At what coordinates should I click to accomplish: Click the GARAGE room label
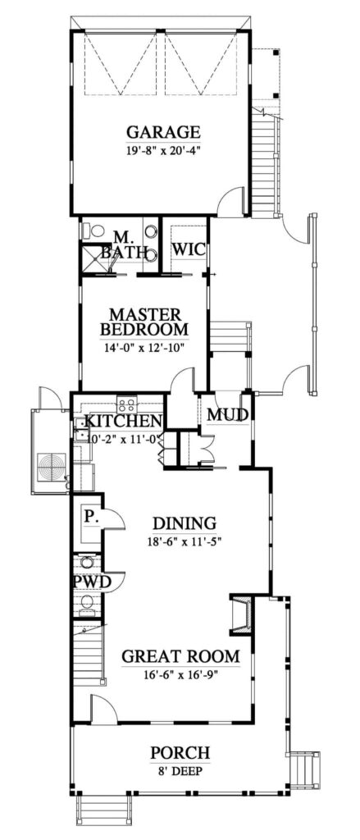point(163,131)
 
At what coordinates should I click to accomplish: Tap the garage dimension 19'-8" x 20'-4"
point(163,151)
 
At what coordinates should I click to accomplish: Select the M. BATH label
point(123,244)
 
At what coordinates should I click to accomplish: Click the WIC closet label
point(187,249)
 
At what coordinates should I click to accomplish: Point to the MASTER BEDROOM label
point(144,322)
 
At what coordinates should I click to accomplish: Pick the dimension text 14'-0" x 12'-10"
point(144,347)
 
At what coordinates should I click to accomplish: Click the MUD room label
point(227,415)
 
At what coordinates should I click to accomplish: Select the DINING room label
point(184,523)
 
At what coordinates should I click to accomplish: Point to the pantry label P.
point(89,517)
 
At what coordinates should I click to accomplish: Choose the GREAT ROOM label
point(180,656)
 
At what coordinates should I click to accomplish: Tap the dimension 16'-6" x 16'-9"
point(180,674)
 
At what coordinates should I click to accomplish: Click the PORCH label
point(180,753)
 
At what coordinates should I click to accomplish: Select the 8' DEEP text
point(180,771)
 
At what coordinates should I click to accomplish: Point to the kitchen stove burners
point(127,404)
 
